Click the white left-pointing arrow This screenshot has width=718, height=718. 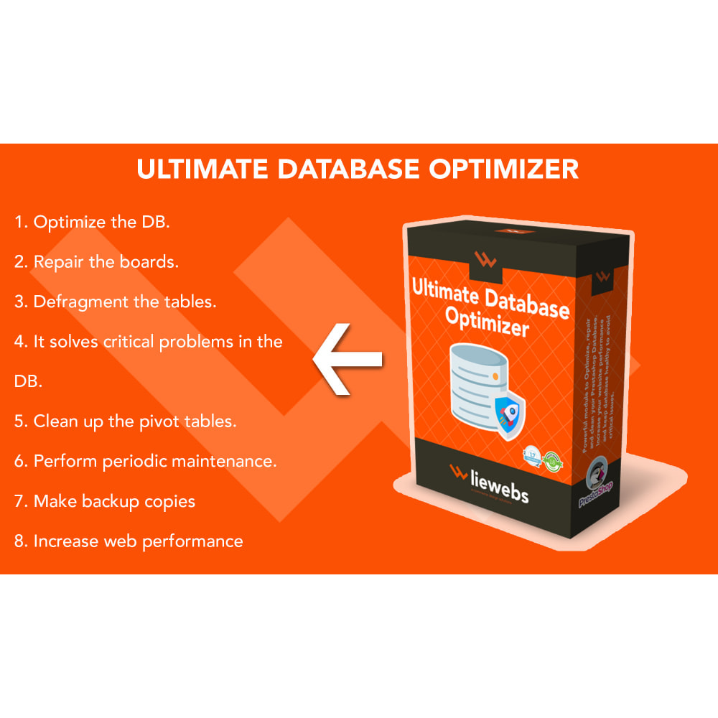pos(348,358)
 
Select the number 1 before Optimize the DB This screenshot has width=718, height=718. pos(19,222)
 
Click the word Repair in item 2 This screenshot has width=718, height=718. pos(58,263)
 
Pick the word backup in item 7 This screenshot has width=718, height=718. pos(111,501)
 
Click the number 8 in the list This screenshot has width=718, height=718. pos(20,541)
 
